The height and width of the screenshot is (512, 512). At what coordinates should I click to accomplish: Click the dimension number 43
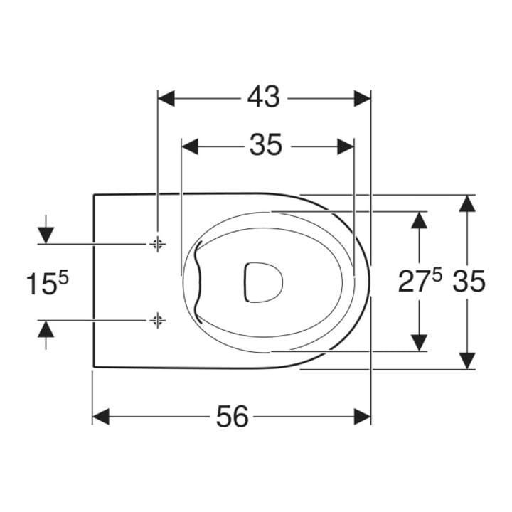(x=264, y=97)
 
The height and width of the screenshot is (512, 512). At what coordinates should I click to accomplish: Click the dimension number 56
(x=233, y=416)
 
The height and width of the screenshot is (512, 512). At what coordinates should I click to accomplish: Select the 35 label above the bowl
(x=265, y=145)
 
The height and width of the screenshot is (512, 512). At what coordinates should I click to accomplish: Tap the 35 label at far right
(x=469, y=282)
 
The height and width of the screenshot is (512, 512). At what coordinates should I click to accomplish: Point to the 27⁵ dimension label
(x=420, y=281)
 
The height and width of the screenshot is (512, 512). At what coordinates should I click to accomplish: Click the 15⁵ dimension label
(x=48, y=283)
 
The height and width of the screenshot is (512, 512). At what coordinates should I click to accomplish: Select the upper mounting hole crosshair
(x=158, y=244)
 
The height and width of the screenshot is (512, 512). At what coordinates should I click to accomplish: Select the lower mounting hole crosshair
(x=158, y=320)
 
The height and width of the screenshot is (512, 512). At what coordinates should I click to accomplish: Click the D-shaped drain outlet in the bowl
(x=263, y=282)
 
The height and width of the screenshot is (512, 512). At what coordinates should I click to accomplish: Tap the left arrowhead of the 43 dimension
(x=166, y=98)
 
